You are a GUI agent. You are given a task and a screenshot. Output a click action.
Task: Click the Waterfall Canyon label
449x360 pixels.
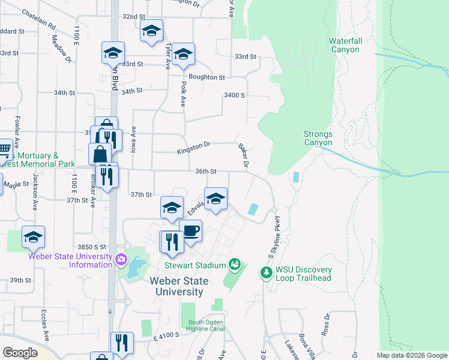click(344, 45)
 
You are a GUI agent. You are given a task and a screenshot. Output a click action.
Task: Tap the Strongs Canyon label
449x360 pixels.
click(318, 139)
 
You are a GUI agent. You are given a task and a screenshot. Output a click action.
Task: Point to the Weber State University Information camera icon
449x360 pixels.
click(121, 259)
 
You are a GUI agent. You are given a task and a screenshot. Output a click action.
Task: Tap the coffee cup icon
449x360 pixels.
click(190, 231)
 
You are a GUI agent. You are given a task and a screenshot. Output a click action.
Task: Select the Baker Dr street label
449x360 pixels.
click(244, 155)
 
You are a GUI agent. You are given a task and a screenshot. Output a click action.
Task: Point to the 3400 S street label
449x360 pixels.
click(234, 95)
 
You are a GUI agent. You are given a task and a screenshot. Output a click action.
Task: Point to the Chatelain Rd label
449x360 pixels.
click(38, 20)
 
